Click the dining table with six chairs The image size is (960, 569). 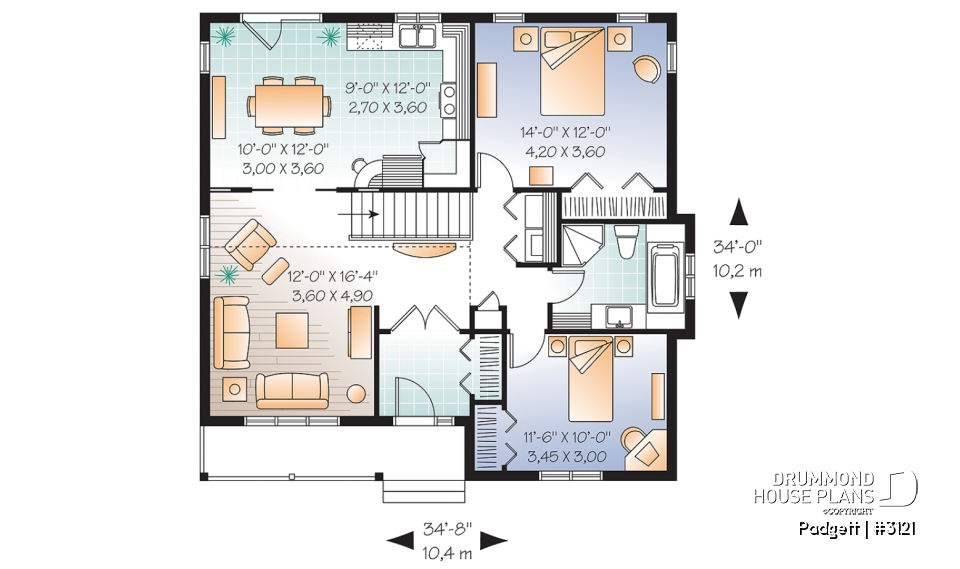(x=290, y=105)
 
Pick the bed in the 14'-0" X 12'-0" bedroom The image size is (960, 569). (x=573, y=72)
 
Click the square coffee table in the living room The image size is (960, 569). (x=294, y=329)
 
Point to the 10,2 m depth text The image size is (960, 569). (x=739, y=270)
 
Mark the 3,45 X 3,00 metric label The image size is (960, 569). (x=566, y=457)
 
